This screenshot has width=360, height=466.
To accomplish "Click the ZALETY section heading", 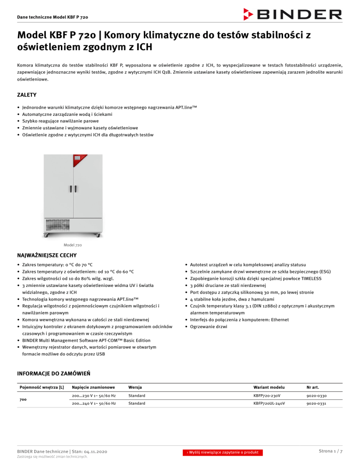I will pyautogui.click(x=25, y=95).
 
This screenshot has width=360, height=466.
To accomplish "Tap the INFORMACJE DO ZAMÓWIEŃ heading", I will pyautogui.click(x=53, y=373).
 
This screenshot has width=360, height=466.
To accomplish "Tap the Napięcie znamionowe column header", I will pyautogui.click(x=93, y=387).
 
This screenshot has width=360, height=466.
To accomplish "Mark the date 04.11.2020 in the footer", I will pyautogui.click(x=89, y=451).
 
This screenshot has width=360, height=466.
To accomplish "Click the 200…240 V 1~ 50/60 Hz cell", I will pyautogui.click(x=94, y=403).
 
